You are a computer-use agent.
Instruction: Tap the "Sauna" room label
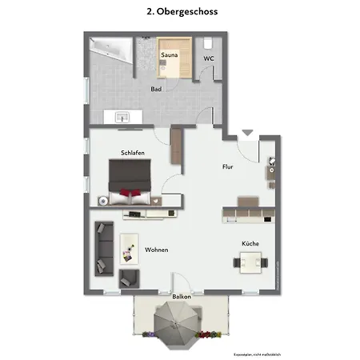click(x=169, y=55)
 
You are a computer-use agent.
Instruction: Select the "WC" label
click(x=209, y=58)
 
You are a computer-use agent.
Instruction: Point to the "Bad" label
click(x=157, y=89)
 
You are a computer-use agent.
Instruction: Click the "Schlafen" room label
click(x=132, y=152)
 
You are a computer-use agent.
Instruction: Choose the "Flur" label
click(x=228, y=167)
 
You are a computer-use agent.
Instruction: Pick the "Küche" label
click(x=251, y=243)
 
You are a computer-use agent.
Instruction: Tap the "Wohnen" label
click(x=156, y=250)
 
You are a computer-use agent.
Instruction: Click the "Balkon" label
click(x=182, y=296)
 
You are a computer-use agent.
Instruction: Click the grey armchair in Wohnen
click(x=129, y=278)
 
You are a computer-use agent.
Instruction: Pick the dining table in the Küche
click(x=250, y=261)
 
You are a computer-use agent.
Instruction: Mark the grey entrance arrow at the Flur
click(x=247, y=132)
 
